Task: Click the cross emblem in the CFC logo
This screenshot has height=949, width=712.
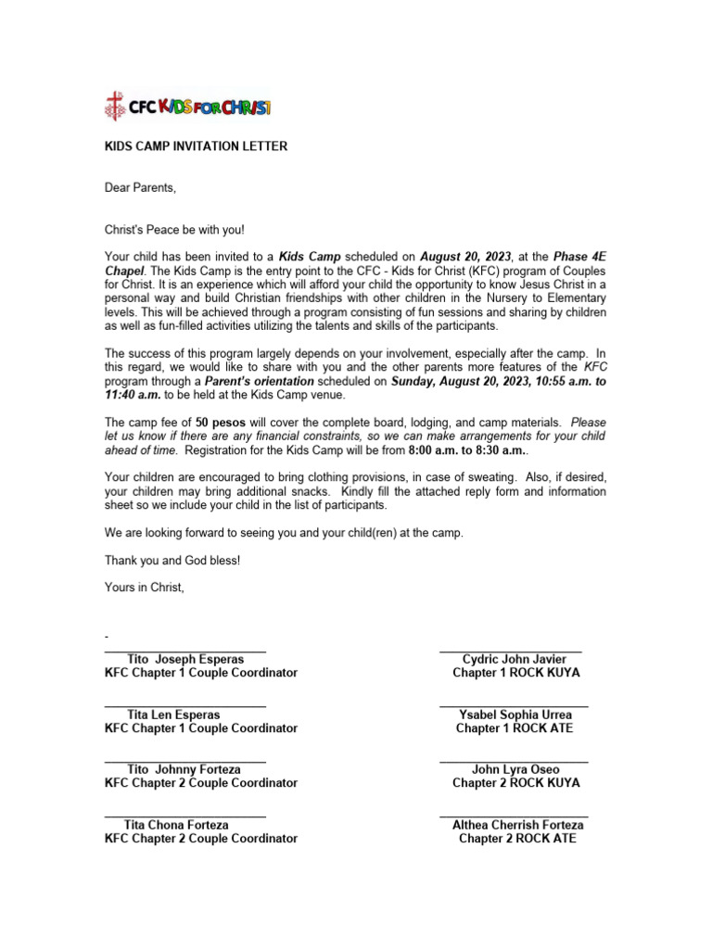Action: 114,107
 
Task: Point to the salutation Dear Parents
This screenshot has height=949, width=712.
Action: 139,188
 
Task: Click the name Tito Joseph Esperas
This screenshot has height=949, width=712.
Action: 185,659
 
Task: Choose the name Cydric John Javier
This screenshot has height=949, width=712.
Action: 515,659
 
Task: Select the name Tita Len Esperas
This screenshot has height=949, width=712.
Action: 173,715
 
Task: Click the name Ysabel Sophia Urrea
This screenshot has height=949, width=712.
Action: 515,715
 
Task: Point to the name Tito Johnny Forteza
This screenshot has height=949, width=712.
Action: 184,769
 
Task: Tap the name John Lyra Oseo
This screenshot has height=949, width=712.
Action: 515,769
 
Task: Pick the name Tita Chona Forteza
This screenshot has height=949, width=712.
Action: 176,824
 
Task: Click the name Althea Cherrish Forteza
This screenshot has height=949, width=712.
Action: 517,824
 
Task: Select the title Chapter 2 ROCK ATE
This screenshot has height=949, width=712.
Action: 517,838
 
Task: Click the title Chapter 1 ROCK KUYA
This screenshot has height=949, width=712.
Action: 515,673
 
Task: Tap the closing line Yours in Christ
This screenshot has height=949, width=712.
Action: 144,587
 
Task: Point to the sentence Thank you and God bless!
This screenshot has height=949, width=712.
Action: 172,561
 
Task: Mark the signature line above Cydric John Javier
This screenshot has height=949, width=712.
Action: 511,652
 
